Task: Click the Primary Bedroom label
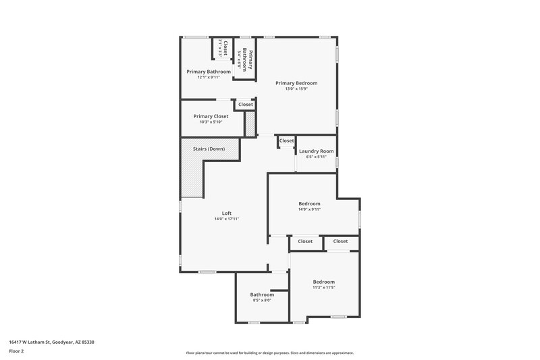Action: click(x=296, y=83)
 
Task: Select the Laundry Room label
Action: click(x=316, y=151)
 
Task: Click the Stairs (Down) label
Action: click(x=209, y=149)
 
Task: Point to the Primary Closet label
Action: click(x=211, y=116)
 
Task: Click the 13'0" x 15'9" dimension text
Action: click(x=296, y=88)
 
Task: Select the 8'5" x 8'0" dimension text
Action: click(x=262, y=301)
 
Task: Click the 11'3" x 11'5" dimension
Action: click(x=323, y=288)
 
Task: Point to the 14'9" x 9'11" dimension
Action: click(x=310, y=209)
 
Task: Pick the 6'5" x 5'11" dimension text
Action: click(x=316, y=157)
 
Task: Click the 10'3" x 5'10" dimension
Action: click(x=211, y=122)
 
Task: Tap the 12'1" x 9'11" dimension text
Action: click(x=209, y=77)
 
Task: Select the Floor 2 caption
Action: click(x=16, y=352)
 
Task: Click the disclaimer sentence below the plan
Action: click(x=269, y=353)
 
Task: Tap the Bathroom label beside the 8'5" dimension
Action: click(x=262, y=294)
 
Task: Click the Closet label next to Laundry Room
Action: click(x=287, y=140)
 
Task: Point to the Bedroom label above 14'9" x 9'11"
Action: click(x=310, y=203)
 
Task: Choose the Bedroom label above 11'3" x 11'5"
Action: click(x=323, y=282)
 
